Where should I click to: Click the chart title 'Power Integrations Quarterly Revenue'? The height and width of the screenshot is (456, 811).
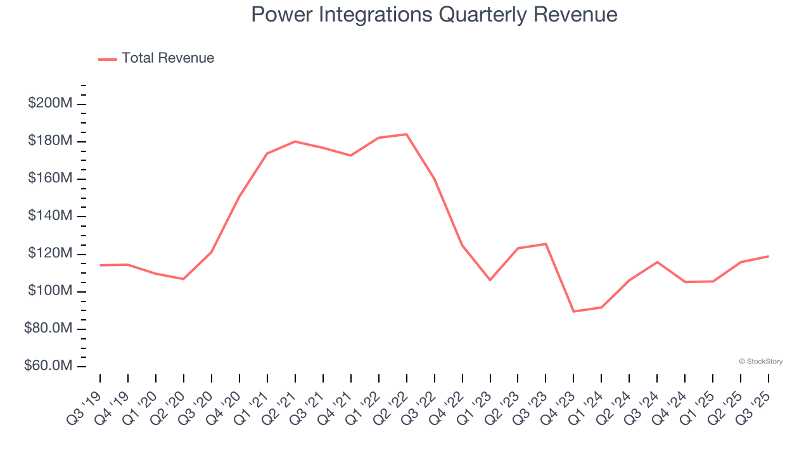coord(434,15)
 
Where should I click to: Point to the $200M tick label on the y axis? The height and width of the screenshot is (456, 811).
coord(50,103)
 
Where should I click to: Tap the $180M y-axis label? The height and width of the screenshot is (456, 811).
coord(50,141)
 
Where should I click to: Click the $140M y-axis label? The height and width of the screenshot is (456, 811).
coord(50,216)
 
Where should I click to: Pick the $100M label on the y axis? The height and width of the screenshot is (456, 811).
coord(50,291)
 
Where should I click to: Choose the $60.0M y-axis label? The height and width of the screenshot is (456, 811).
coord(48,366)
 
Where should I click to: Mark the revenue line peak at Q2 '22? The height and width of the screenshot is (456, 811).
coord(406,134)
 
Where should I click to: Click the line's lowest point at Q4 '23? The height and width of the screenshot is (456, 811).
coord(573,312)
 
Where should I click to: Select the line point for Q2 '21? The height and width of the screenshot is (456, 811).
coord(295,141)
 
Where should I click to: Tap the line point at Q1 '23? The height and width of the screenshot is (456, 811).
coord(490,280)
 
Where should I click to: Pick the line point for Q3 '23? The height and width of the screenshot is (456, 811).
coord(546,244)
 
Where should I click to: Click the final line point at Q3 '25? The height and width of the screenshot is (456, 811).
coord(768,256)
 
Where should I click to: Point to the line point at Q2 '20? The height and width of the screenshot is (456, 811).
coord(184,279)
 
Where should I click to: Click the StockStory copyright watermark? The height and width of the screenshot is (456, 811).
coord(760,362)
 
